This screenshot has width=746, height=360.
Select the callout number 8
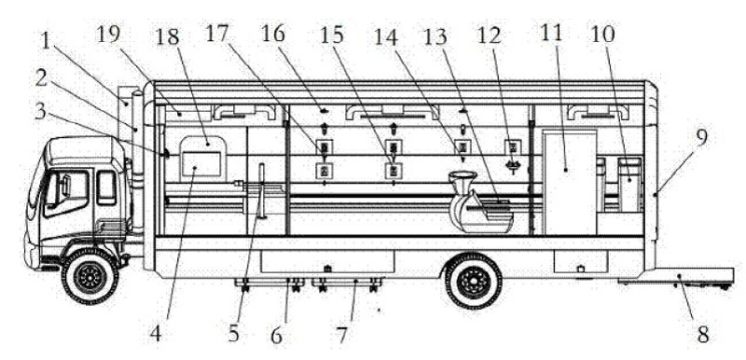703,335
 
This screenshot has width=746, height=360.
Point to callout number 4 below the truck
156,334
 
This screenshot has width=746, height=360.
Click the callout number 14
386,35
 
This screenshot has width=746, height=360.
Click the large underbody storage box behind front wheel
327,262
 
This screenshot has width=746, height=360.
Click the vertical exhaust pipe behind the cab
137,161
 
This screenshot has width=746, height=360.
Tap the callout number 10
602,34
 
